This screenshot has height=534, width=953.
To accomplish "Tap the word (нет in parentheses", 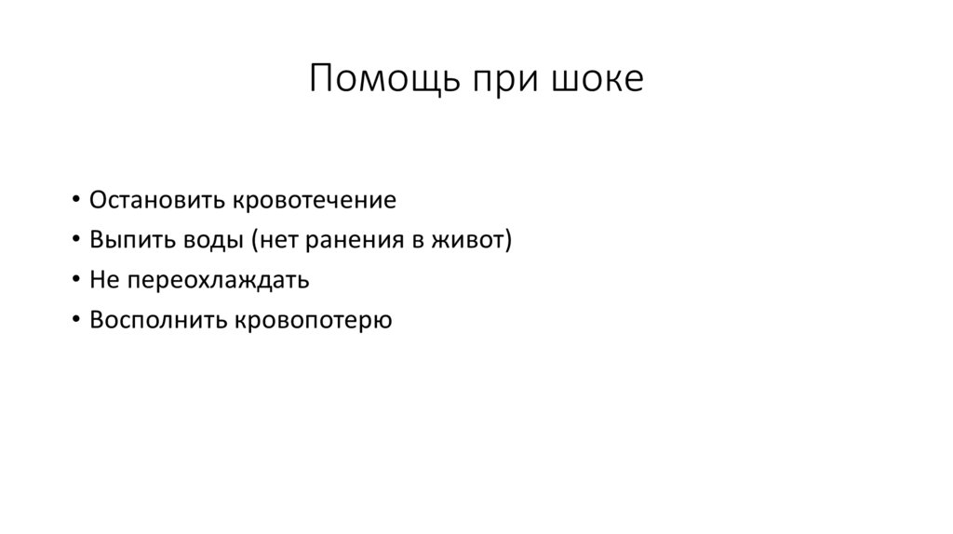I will click(x=275, y=241).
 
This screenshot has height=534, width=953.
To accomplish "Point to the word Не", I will click(x=101, y=280).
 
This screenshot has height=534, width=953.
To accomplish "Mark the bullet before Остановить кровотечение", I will click(x=74, y=202).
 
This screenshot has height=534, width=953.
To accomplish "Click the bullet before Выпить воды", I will click(x=74, y=242).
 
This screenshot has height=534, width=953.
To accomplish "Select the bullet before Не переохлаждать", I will click(x=74, y=281).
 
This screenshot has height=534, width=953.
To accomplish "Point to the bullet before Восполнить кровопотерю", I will click(x=74, y=321).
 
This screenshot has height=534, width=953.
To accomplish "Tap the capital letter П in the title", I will click(x=321, y=79).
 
